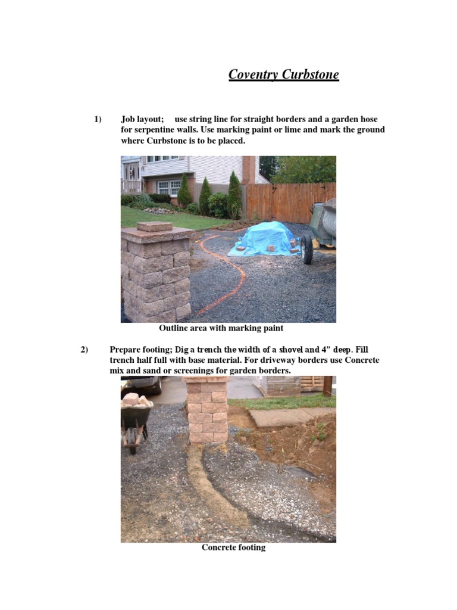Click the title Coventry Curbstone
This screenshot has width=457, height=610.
coord(284,75)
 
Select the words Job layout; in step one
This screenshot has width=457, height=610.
coord(142,119)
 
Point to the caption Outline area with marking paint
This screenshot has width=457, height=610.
coord(221,328)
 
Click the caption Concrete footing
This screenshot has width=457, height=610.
coord(233,547)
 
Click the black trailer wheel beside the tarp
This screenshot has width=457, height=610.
coord(306,248)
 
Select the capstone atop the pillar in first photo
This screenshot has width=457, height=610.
coord(155,227)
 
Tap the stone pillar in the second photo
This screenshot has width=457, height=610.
coord(207,411)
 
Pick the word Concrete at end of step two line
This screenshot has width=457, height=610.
coord(361,360)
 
